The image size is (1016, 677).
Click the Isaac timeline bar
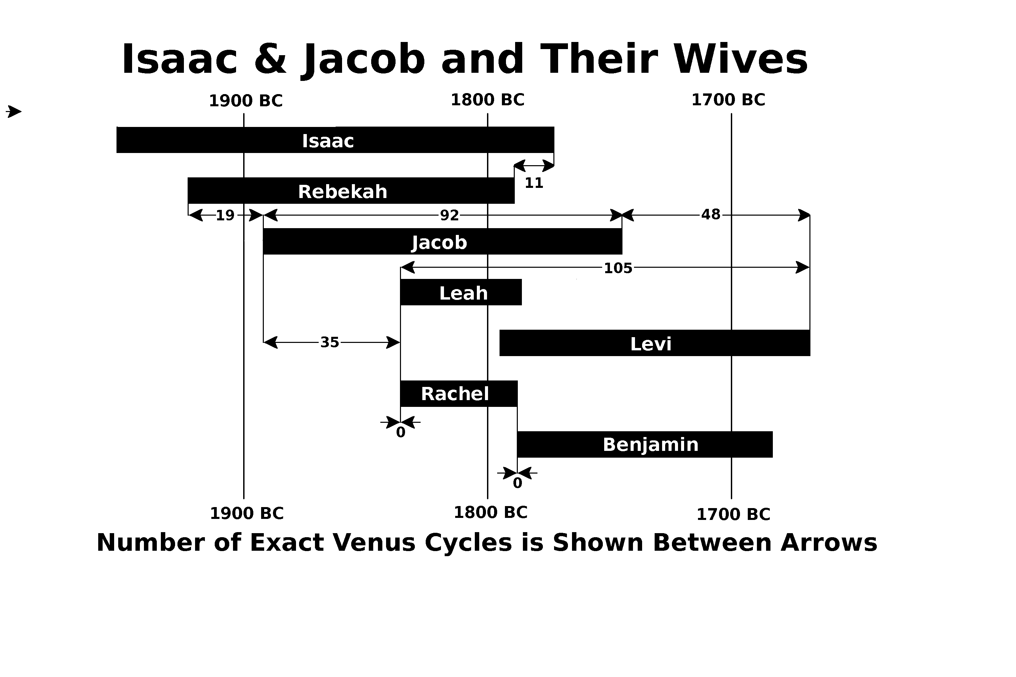point(335,140)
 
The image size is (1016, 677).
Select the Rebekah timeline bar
point(351,190)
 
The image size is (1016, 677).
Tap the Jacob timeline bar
point(443,241)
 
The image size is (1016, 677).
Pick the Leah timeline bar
point(461,292)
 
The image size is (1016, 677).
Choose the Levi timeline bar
point(655,343)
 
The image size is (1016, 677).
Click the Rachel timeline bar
point(459,394)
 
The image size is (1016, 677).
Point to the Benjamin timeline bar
point(645,444)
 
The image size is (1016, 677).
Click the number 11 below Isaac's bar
point(534,183)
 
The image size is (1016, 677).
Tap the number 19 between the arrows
point(225,215)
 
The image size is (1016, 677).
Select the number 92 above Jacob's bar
point(449,215)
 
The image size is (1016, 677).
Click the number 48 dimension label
point(711,215)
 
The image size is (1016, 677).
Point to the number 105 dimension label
point(618,268)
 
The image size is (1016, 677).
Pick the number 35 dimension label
point(330,342)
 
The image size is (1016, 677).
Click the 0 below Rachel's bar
point(401,433)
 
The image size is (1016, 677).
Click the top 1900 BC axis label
point(246,101)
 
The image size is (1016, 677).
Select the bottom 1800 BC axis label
point(491,513)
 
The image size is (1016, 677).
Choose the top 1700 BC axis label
point(728,100)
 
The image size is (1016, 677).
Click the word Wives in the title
point(740,59)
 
